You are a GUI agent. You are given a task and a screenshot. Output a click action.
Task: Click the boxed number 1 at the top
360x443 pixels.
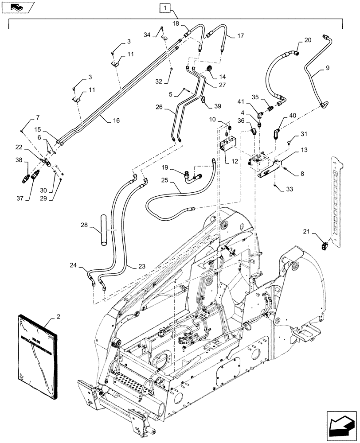(x=164, y=8)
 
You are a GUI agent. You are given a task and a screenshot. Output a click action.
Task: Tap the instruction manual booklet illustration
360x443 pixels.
(x=38, y=350)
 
